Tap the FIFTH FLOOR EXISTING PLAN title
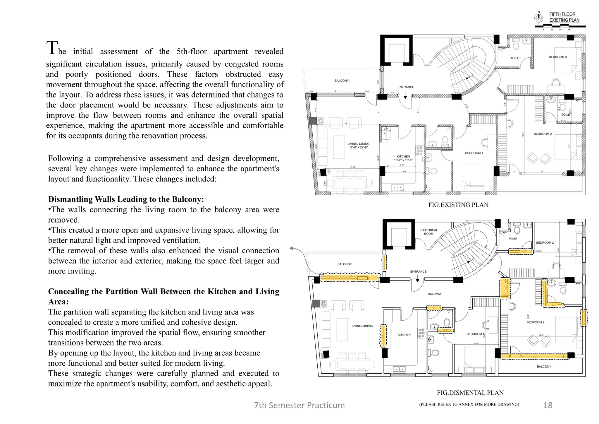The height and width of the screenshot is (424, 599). click(x=564, y=17)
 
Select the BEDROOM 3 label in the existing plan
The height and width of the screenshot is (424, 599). click(x=557, y=57)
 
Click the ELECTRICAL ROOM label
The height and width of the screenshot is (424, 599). click(x=428, y=232)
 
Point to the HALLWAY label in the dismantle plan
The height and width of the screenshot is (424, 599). click(x=435, y=294)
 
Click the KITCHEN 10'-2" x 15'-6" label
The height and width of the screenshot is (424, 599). click(x=403, y=158)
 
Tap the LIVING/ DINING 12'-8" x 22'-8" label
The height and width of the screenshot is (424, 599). click(x=358, y=146)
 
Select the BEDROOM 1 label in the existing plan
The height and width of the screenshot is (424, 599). click(x=474, y=153)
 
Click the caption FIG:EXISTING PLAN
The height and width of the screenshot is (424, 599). click(x=458, y=205)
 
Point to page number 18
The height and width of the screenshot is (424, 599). click(x=548, y=405)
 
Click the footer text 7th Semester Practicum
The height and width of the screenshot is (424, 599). click(x=299, y=405)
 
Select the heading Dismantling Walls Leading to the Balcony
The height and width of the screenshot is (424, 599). click(x=126, y=199)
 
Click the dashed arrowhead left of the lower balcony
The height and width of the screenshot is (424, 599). click(x=291, y=249)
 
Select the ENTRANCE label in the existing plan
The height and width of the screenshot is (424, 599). click(x=406, y=87)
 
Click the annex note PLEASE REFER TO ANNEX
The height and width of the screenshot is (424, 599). click(x=469, y=404)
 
